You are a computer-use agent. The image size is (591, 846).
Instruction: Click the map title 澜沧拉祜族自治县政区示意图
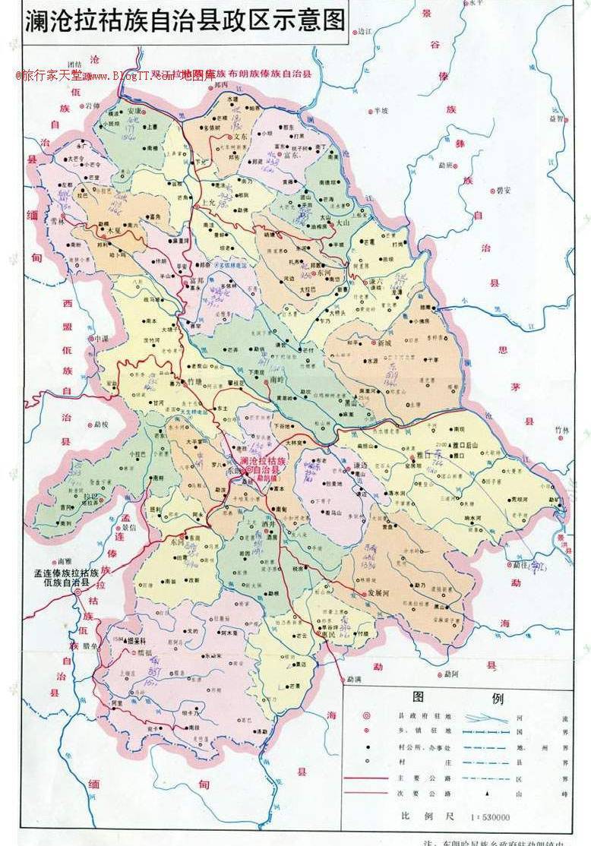pos(185,21)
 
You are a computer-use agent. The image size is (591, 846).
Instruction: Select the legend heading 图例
pos(457,698)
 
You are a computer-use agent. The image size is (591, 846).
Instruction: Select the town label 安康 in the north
pos(134,111)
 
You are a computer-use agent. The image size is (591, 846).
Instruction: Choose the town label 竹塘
pos(195,383)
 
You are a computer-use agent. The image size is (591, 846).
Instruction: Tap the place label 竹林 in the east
pos(561,430)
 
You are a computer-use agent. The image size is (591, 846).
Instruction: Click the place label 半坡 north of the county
pos(380,110)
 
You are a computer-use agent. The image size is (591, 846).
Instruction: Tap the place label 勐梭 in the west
pos(101,424)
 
